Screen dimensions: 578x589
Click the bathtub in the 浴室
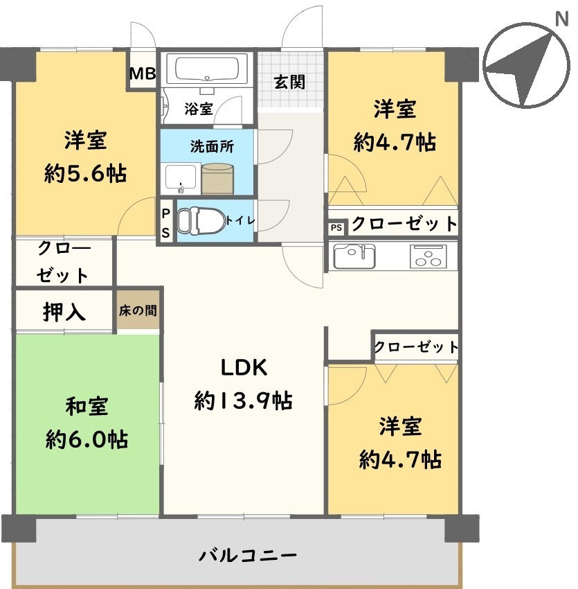[207, 69]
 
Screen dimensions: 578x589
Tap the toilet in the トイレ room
[201, 221]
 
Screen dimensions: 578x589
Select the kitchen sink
[354, 256]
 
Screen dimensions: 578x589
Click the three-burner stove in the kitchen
[428, 256]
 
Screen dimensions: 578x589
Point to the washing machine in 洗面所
[217, 179]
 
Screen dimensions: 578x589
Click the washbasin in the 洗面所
[181, 178]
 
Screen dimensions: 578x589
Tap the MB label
[143, 73]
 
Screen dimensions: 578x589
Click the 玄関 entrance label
[289, 82]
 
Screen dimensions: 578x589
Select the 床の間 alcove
[137, 310]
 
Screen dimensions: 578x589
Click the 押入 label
[64, 312]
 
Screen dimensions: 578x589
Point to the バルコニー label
[247, 556]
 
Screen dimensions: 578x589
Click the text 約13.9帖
[243, 400]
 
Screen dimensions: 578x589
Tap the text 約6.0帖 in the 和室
[87, 439]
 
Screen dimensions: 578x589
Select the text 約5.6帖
[85, 173]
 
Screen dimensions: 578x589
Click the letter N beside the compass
[561, 19]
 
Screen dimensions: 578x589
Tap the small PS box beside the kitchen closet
[336, 227]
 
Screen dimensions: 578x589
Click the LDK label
[244, 367]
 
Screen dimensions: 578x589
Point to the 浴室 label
[199, 109]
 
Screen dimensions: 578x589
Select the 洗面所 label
[212, 146]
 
